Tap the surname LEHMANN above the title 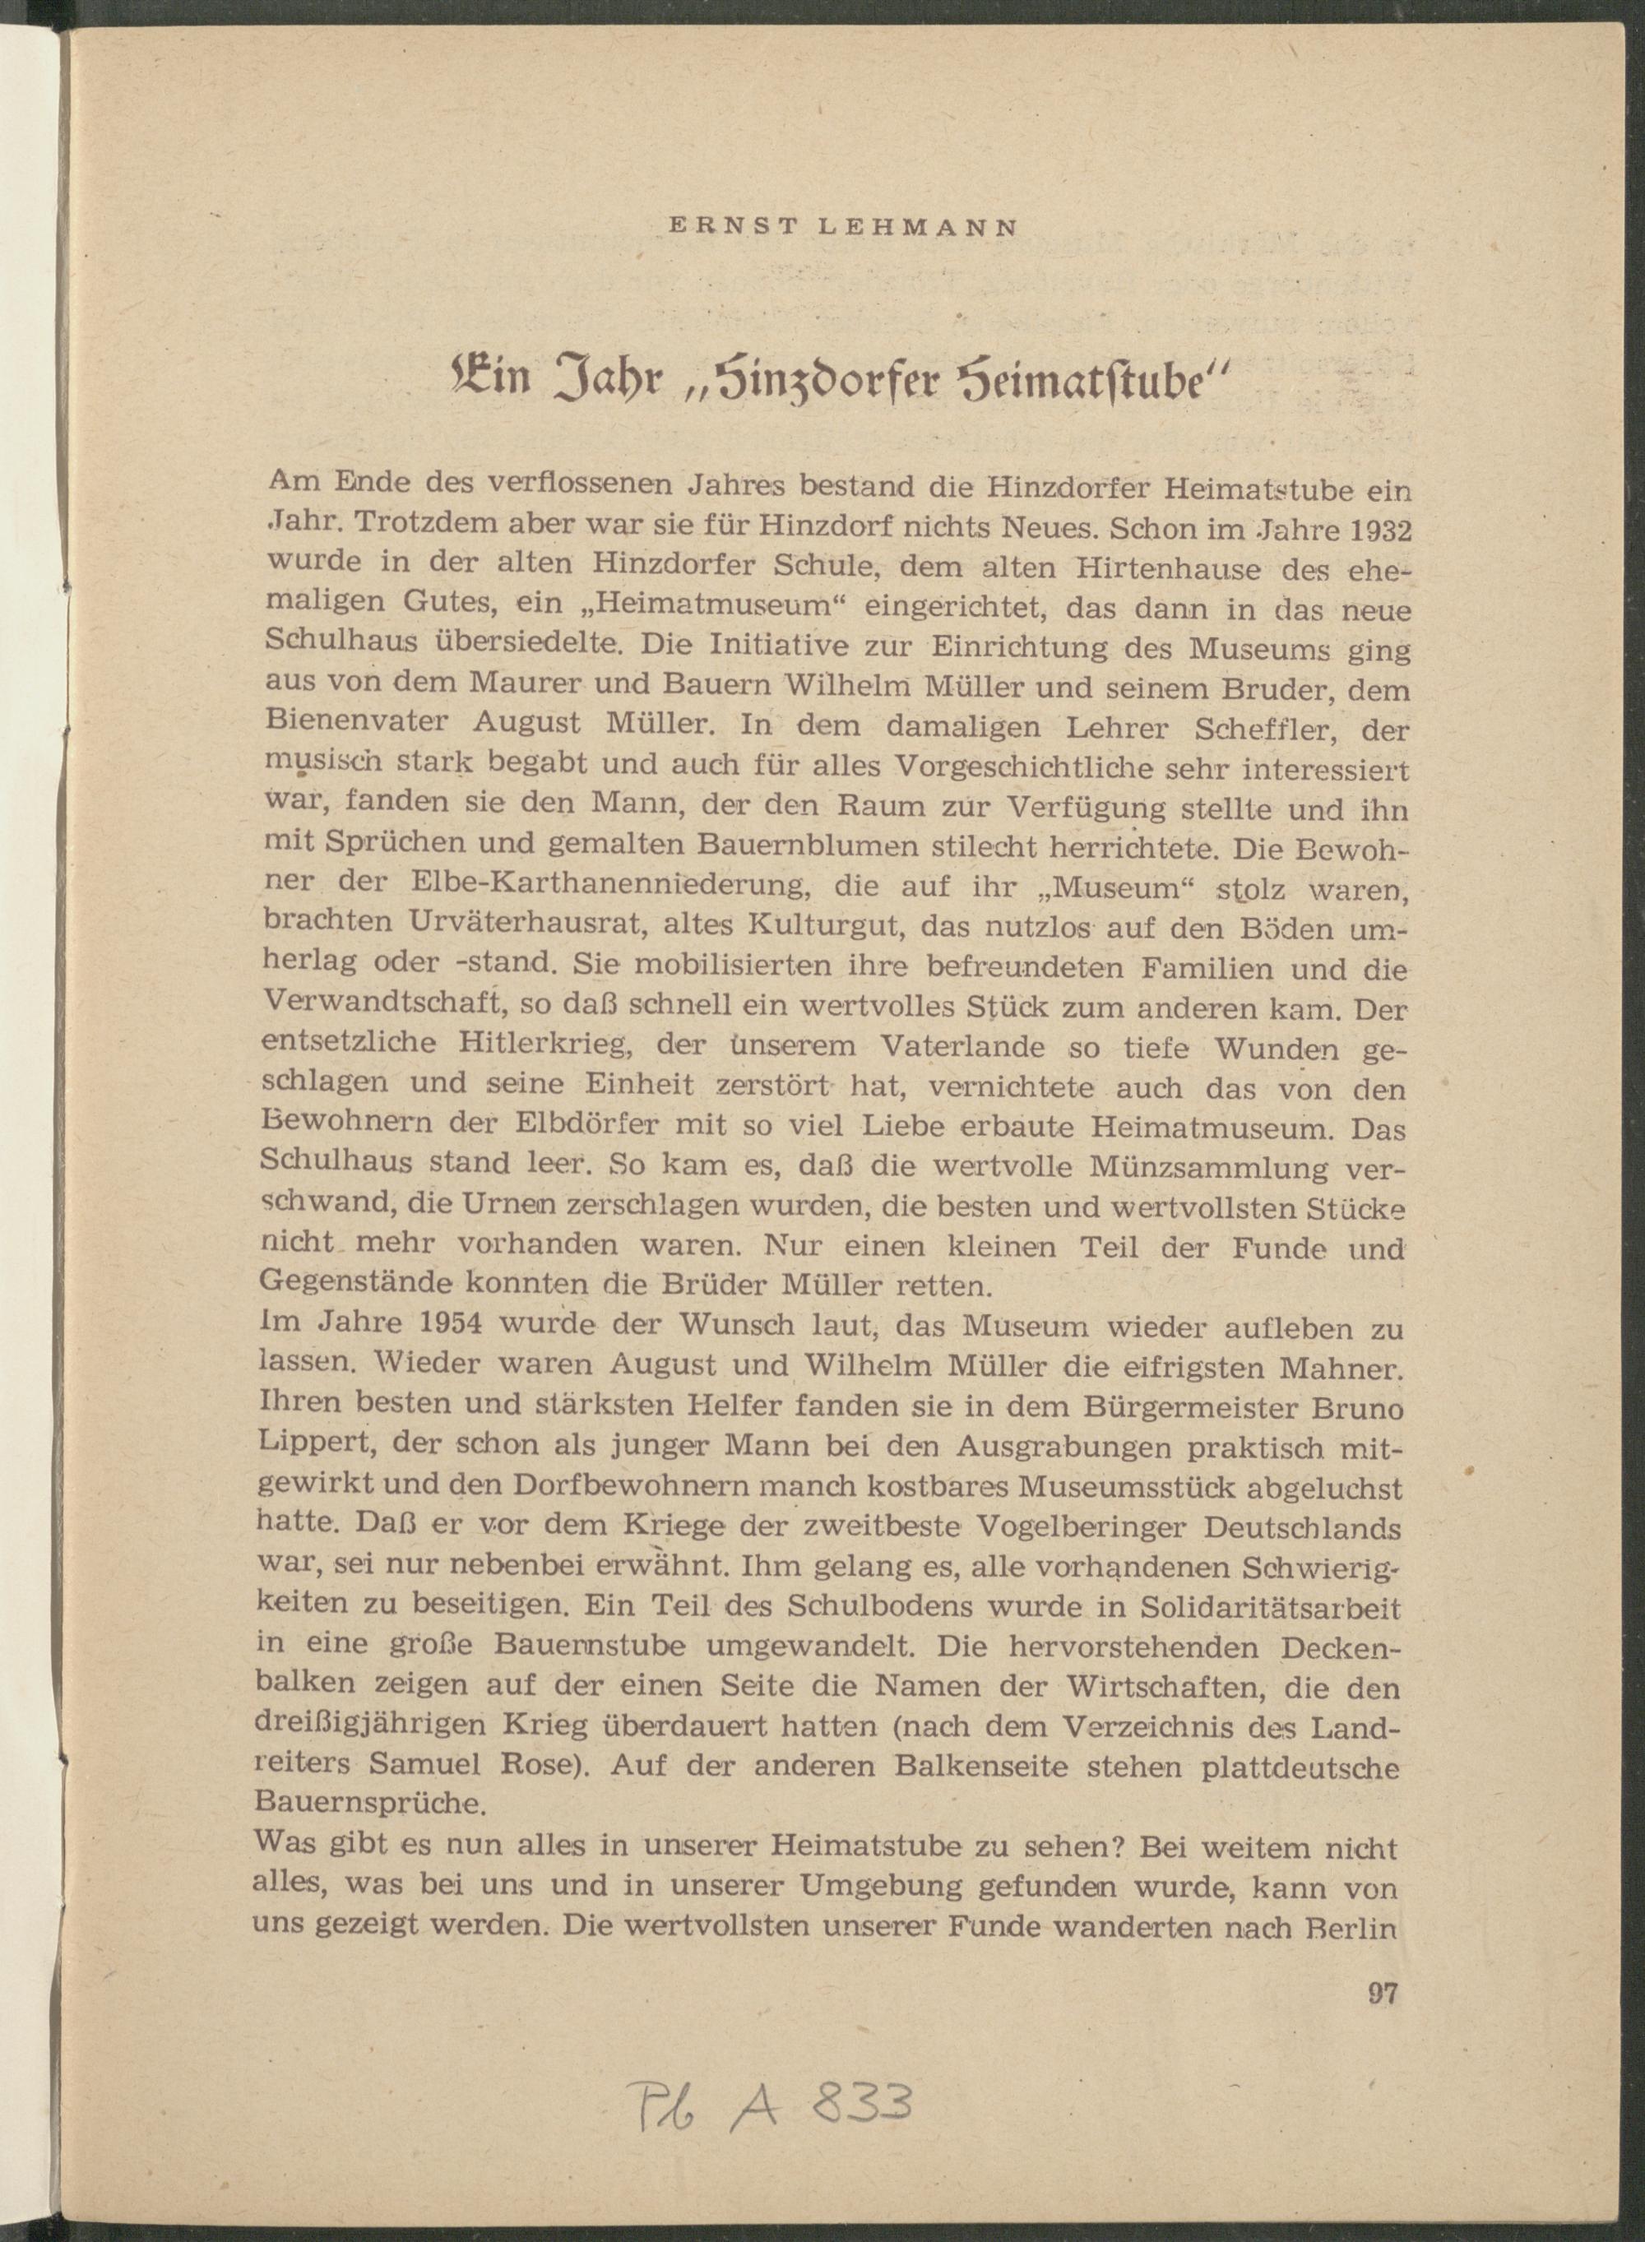coord(916,227)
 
